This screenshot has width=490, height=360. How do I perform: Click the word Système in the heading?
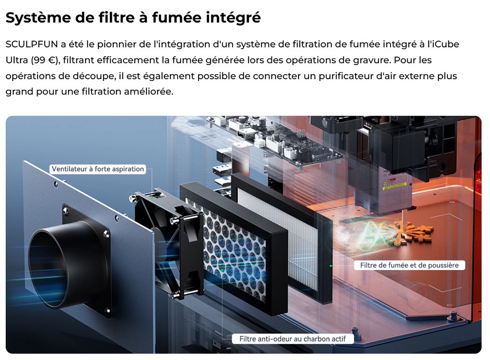click(x=36, y=18)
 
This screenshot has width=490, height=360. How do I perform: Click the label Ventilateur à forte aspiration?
click(x=98, y=169)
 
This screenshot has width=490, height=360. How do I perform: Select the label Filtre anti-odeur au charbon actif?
click(x=293, y=339)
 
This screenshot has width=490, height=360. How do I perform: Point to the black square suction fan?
click(x=169, y=245)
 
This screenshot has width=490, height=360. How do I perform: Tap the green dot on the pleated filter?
click(x=331, y=265)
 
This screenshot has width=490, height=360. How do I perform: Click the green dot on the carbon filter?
click(x=221, y=269)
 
